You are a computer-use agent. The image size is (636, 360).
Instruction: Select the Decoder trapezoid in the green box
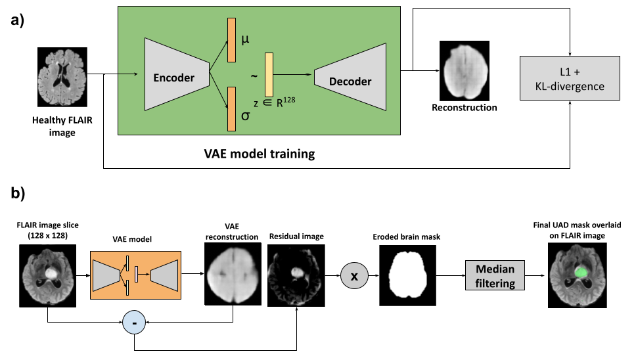[x=351, y=78]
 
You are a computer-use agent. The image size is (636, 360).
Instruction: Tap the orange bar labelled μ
[x=231, y=40]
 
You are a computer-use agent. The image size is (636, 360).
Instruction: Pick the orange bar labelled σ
[x=231, y=108]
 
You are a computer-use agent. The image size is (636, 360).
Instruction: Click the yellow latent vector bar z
[x=269, y=75]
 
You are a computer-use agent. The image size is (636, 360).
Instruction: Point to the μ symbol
[x=245, y=40]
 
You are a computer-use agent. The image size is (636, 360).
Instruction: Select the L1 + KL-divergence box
[x=570, y=78]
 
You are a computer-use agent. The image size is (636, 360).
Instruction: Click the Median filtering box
[x=495, y=275]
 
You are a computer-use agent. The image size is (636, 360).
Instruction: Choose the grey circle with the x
[x=354, y=276]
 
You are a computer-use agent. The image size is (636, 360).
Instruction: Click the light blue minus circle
[x=134, y=323]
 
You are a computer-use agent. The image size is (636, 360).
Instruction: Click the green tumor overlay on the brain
[x=581, y=271]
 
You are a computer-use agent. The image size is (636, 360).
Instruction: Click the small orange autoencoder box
[x=135, y=275]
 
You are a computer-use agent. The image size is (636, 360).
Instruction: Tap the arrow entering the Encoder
[x=130, y=74]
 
